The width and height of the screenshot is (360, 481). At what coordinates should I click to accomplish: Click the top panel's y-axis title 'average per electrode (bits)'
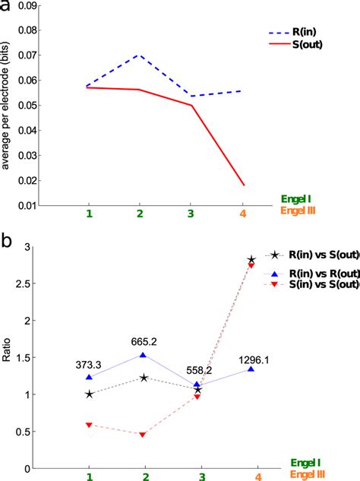pos(7,106)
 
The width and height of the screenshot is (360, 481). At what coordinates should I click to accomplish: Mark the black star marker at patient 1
pos(90,394)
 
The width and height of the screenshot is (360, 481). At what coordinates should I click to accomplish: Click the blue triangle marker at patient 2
pos(144,355)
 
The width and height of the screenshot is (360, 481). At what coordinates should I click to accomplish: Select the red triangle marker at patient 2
pos(144,435)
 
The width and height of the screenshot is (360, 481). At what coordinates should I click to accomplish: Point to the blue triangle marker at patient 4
pos(251,369)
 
